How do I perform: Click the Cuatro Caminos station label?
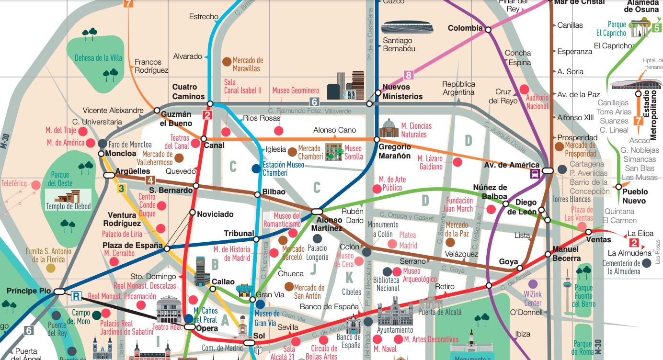point(184,91)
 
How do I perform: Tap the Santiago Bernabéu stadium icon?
point(408,28)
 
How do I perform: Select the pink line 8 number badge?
point(408,75)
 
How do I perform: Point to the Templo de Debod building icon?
point(68,197)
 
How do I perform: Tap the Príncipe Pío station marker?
point(59,291)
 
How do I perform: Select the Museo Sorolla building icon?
point(334,152)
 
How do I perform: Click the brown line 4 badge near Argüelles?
point(151,180)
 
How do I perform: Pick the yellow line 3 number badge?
point(121,189)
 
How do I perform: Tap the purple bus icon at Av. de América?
point(535,173)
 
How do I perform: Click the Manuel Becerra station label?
point(566,254)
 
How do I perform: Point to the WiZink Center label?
point(532,299)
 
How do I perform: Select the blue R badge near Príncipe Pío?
point(76,296)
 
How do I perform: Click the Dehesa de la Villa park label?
point(98,58)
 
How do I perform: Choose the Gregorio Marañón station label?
point(395,151)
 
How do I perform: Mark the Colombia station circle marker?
point(488,30)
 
